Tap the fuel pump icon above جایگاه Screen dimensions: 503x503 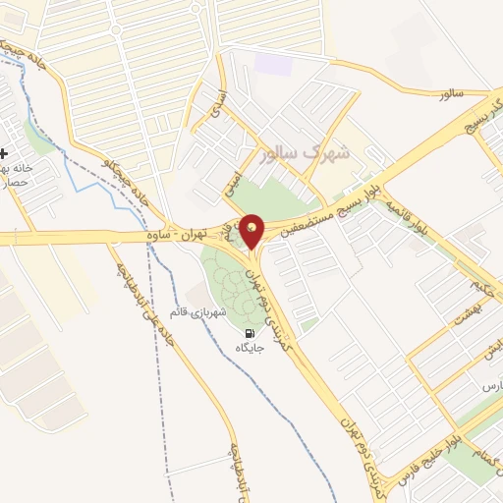coord(246,332)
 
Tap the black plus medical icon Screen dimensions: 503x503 coord(5,153)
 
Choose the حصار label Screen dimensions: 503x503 coord(20,183)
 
